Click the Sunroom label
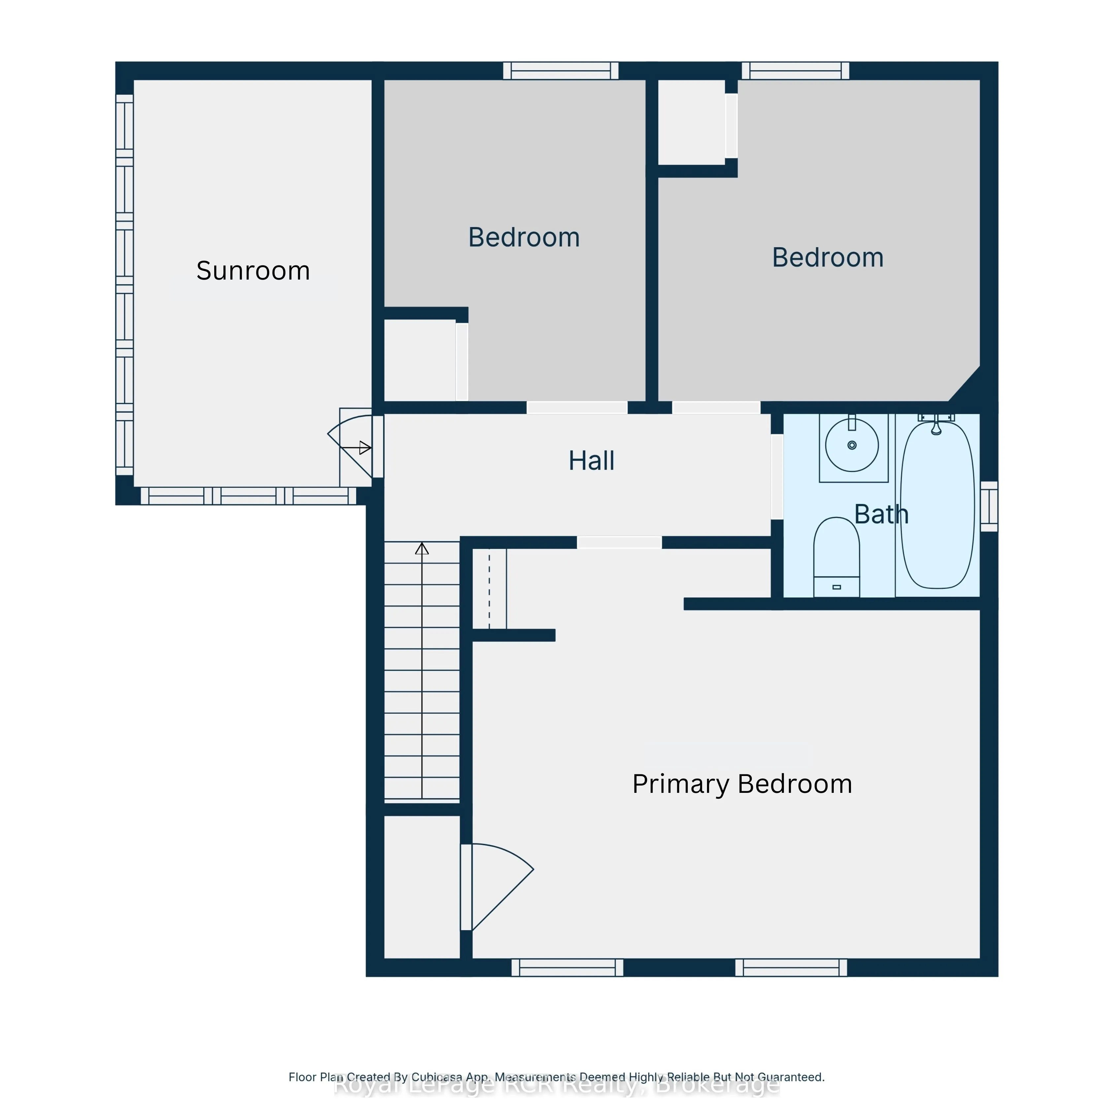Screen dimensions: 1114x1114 point(253,271)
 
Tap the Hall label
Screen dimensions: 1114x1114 point(591,461)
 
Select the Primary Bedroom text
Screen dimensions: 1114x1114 point(742,784)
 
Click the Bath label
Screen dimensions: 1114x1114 point(881,514)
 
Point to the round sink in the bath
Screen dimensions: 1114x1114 point(852,445)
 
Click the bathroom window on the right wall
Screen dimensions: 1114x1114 point(989,506)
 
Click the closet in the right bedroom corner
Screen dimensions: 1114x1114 point(691,122)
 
